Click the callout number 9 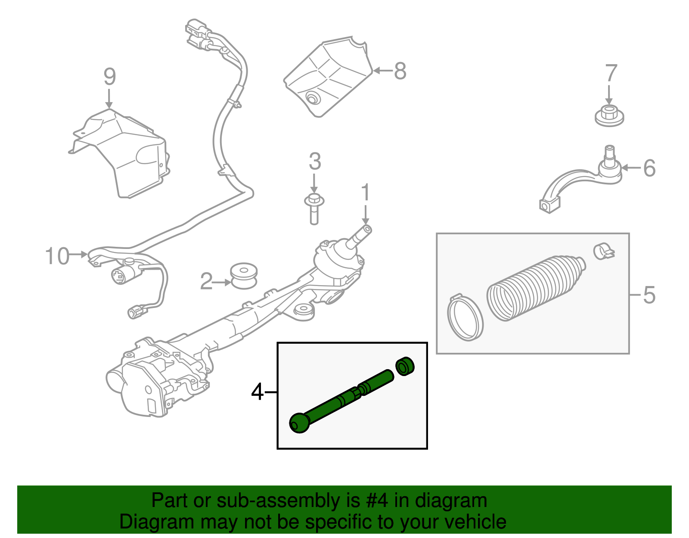[x=110, y=77]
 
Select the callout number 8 [x=400, y=71]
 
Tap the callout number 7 [x=611, y=73]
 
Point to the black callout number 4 [x=258, y=392]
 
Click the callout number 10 [x=57, y=256]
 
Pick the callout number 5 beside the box [x=649, y=295]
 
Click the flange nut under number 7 [x=609, y=116]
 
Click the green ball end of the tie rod [x=300, y=423]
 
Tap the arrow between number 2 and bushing [x=223, y=283]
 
